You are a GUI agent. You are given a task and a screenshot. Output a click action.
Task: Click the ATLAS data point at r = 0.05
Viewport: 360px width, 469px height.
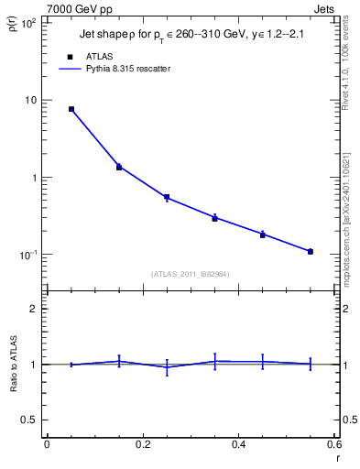pos(71,109)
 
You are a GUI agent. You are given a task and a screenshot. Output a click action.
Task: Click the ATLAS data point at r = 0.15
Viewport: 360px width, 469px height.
pos(119,167)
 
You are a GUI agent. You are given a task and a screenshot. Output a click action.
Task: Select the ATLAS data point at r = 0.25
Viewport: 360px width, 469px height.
pos(167,197)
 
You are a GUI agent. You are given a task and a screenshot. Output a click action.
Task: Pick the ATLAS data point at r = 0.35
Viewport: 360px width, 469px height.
pos(214,218)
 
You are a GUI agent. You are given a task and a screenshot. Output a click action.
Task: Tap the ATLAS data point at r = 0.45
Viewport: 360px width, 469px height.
pos(263,234)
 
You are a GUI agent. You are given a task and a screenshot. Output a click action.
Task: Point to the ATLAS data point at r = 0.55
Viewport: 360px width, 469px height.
pos(311,251)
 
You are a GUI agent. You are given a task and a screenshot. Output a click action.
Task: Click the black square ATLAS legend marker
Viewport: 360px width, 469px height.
pos(71,56)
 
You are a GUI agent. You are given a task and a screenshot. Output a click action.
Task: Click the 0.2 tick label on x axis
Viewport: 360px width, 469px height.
pos(142,444)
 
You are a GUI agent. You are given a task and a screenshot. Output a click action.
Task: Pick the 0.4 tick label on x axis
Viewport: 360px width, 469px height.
pos(238,444)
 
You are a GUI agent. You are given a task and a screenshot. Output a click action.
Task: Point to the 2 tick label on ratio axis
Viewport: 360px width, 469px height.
pos(34,309)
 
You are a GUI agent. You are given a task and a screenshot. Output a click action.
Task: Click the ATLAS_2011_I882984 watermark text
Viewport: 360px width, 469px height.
pos(191,274)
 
